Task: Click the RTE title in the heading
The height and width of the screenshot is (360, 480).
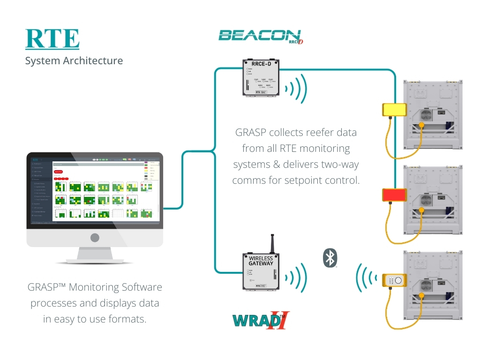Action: (x=52, y=39)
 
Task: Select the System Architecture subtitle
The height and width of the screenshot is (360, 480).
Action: (x=74, y=61)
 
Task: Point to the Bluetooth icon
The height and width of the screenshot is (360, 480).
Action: (x=330, y=258)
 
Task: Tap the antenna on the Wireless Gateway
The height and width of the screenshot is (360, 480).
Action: (x=271, y=243)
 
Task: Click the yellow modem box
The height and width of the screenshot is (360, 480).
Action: (x=394, y=109)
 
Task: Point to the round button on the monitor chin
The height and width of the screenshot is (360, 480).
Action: (x=95, y=238)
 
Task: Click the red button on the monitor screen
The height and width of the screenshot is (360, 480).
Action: (x=59, y=172)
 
